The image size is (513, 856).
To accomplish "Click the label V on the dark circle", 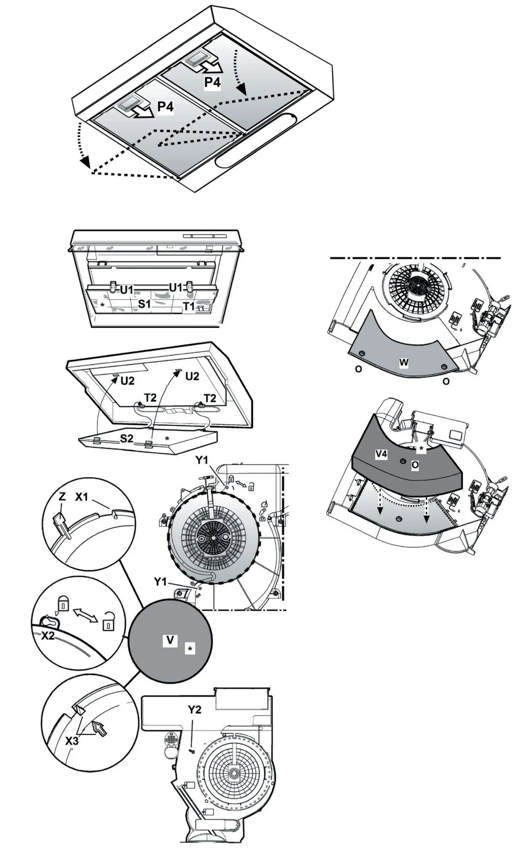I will pos(170,640).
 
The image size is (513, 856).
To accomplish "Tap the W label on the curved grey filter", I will pos(403,362).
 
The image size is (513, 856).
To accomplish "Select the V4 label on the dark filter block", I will pos(381,454).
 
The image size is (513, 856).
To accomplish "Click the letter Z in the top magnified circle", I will pos(62,497).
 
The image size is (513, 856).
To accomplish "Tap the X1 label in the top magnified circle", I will pos(82,497).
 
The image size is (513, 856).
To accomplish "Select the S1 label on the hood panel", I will pos(144,304).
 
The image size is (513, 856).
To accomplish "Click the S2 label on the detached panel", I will pos(127,438).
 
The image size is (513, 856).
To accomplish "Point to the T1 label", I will pos(189,306).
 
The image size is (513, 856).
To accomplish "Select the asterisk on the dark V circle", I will pos(190,649).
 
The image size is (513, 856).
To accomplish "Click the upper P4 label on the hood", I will pos(213,82).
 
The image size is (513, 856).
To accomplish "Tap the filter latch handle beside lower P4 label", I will pos(128,104).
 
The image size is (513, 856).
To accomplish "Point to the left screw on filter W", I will pos(362,354).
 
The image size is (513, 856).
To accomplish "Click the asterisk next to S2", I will pos(167,438).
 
